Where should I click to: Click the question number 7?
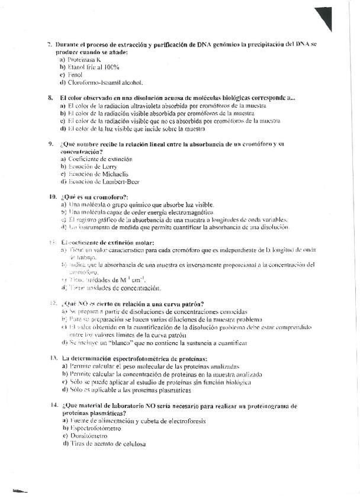(x=50, y=44)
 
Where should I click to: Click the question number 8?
(x=50, y=98)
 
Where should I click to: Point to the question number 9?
(x=50, y=144)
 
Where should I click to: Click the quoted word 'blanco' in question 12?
(x=136, y=342)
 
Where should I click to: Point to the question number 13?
(x=52, y=359)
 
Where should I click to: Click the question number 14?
(x=52, y=406)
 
